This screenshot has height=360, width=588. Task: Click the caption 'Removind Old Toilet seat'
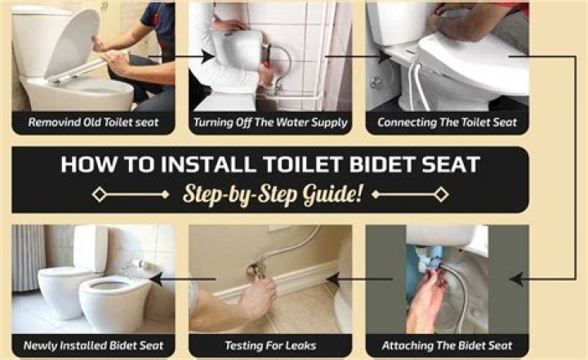coord(93,122)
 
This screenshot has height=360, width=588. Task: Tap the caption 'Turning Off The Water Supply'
coord(270,122)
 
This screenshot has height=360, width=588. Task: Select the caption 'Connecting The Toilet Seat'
coord(447,122)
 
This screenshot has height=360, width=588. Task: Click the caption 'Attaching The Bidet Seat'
coord(447,345)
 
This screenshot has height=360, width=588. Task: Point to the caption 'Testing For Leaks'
coord(270,345)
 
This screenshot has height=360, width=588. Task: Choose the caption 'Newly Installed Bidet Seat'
coord(93,345)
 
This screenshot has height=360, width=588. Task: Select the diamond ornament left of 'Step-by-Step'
coord(100,194)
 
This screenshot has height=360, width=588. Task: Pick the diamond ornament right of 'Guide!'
coord(441,194)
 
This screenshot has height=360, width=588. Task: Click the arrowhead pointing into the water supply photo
coord(207,56)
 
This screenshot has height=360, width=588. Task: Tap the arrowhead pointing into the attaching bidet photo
coord(517,279)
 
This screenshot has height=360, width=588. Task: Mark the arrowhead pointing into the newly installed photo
coord(156,279)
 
